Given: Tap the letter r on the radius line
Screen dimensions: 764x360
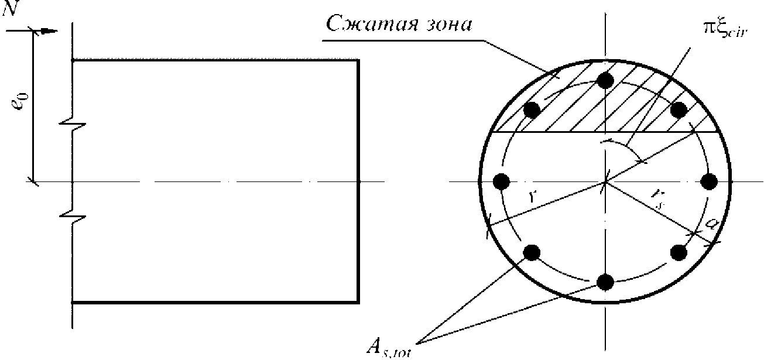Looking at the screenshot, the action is (532, 197).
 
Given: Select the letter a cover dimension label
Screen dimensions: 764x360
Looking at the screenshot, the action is (711, 223).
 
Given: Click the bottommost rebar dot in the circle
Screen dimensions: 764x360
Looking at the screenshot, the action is (605, 282).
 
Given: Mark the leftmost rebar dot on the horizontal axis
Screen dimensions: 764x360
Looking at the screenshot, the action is (501, 181).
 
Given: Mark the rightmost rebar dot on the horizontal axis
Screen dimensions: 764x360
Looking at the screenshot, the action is (710, 181).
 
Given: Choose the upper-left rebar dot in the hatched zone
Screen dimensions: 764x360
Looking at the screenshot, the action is (532, 109).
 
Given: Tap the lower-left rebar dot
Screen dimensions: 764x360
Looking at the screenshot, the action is (532, 253).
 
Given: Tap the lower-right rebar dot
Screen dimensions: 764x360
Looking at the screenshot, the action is (679, 253).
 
